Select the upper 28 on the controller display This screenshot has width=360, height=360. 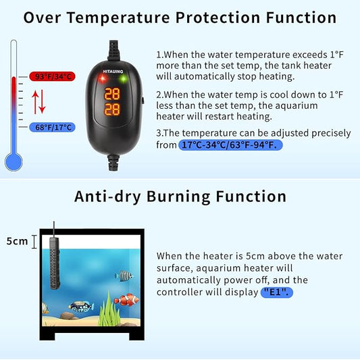112,93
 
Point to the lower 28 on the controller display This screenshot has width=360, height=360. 112,108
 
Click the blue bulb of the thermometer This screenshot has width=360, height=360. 14,161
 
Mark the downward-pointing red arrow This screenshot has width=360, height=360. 42,102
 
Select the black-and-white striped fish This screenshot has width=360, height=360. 124,276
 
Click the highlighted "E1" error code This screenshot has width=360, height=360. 277,292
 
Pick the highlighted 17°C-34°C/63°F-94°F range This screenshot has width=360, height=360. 230,145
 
